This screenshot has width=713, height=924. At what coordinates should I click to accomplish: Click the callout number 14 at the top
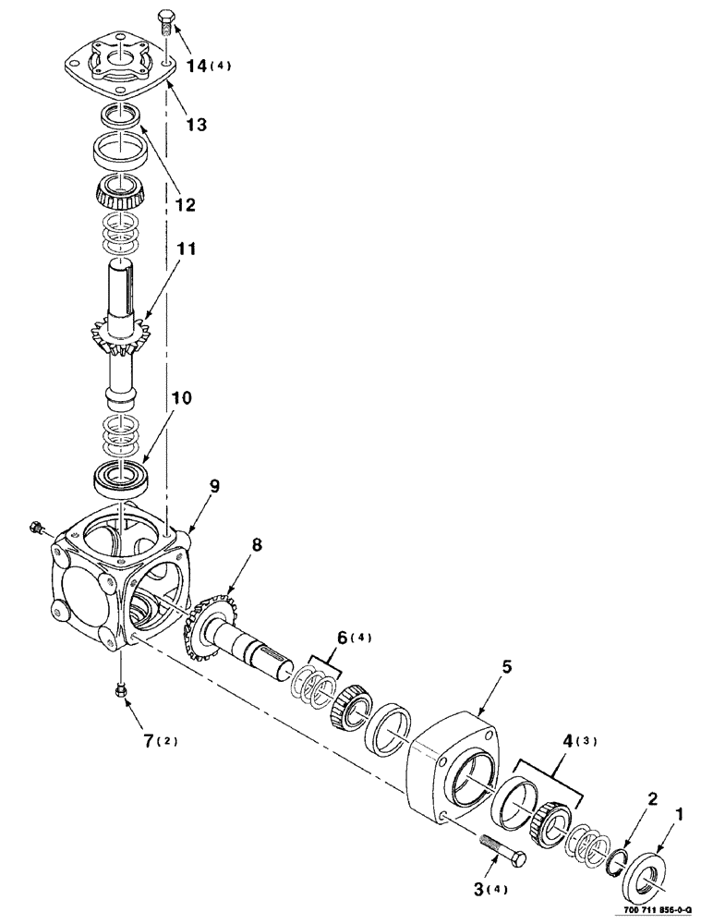(198, 67)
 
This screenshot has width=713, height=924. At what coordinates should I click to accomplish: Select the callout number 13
(196, 124)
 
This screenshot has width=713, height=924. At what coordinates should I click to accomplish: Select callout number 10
(181, 400)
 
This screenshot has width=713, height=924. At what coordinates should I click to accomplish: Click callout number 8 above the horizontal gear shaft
(257, 546)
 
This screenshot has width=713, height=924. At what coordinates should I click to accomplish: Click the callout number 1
(681, 816)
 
